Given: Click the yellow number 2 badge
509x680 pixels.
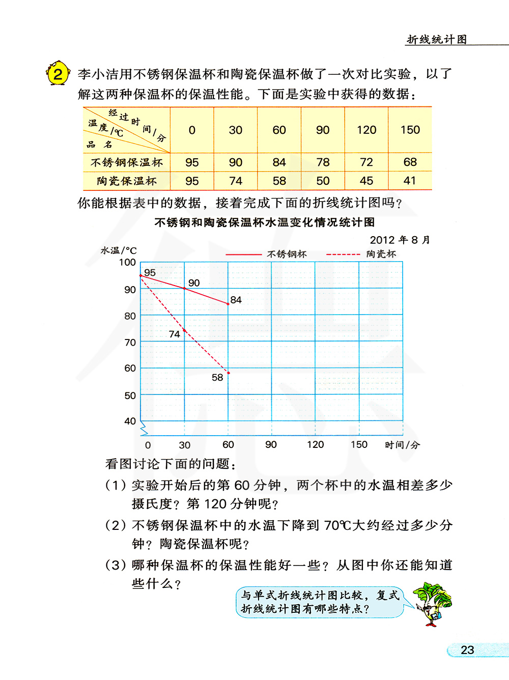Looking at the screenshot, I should click(x=58, y=74).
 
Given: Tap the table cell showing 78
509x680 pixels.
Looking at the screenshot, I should click(x=323, y=162).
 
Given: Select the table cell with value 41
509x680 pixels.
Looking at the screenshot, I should click(x=410, y=181).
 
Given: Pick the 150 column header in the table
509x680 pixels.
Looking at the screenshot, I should click(x=410, y=130).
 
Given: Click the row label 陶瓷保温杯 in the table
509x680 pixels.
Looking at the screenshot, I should click(x=127, y=181).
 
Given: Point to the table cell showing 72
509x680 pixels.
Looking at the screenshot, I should click(x=366, y=162).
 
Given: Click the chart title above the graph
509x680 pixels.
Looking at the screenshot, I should click(x=265, y=222).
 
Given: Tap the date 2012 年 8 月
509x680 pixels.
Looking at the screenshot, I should click(x=400, y=240).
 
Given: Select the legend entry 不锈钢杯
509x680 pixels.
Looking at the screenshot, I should click(x=287, y=254).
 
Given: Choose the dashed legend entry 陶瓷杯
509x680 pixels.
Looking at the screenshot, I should click(x=381, y=254).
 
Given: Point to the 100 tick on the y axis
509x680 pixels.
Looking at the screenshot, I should click(x=127, y=263).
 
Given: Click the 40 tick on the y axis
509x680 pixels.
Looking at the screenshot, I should click(x=130, y=421).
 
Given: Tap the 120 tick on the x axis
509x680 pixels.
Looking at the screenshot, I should click(x=315, y=444).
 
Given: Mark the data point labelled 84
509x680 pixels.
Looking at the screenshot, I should click(x=228, y=304).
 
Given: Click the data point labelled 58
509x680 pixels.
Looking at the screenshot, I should click(x=229, y=373).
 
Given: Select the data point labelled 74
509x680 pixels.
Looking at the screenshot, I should click(x=184, y=330).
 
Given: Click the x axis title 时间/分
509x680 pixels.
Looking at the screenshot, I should click(x=402, y=445).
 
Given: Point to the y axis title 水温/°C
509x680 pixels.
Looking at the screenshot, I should click(x=119, y=250).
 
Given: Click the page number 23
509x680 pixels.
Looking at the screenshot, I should click(x=467, y=650).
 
